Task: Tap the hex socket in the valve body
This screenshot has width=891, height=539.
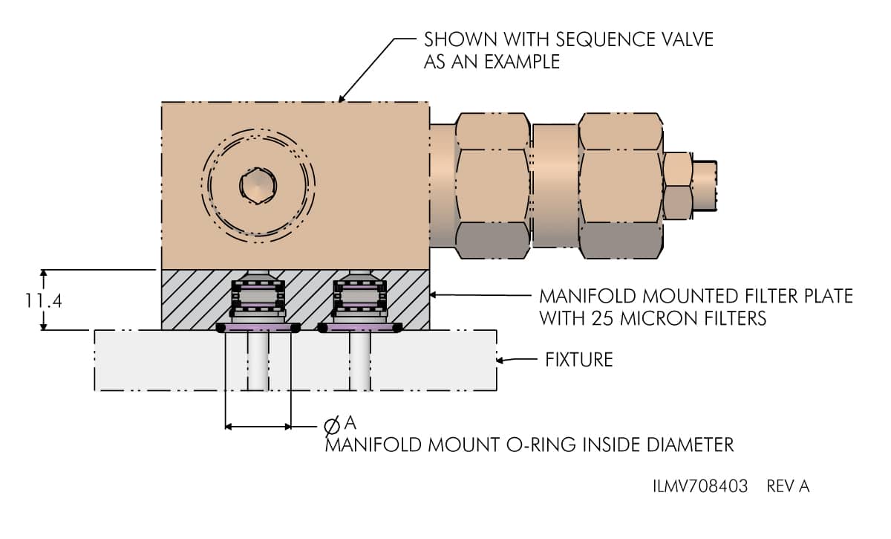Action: click(x=258, y=184)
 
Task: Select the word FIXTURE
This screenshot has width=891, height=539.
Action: click(x=579, y=361)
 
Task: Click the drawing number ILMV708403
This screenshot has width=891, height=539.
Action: click(x=699, y=487)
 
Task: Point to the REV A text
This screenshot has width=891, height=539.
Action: click(x=789, y=487)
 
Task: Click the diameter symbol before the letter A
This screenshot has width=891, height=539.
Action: click(x=333, y=426)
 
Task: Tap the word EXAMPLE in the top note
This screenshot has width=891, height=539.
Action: click(x=523, y=62)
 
